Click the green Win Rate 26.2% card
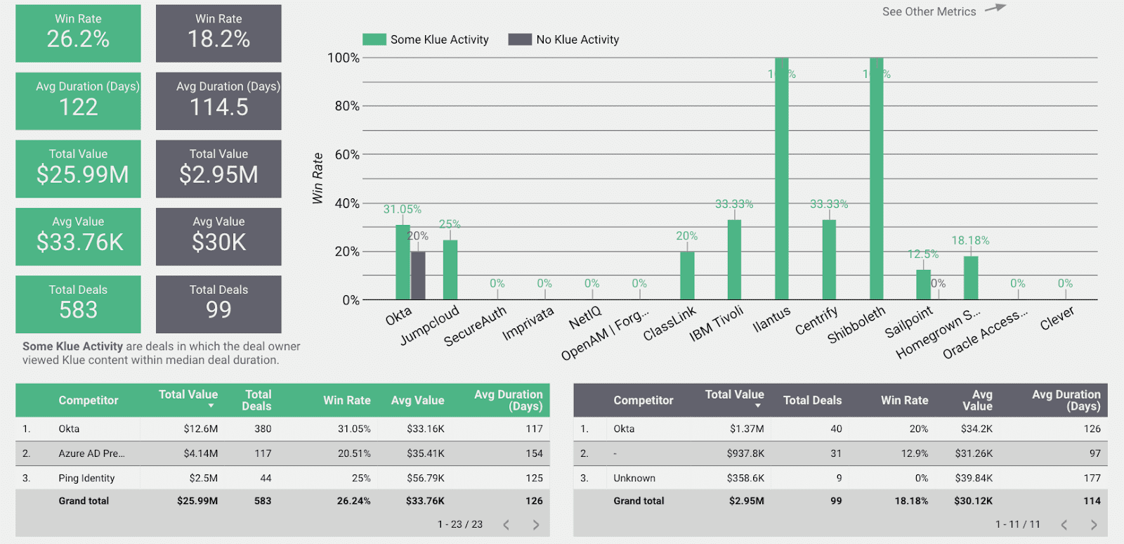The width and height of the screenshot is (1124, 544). (78, 33)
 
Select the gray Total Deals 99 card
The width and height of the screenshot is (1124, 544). (218, 304)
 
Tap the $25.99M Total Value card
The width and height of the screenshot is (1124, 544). (78, 169)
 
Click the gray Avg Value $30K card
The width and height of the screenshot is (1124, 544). (218, 236)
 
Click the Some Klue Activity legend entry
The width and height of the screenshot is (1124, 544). (426, 40)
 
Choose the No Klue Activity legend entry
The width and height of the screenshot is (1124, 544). (564, 40)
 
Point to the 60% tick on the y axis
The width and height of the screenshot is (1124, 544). (346, 155)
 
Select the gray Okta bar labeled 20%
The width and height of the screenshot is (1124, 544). (418, 276)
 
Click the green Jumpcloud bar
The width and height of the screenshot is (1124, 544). (450, 270)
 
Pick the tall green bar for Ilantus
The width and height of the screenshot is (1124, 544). (781, 179)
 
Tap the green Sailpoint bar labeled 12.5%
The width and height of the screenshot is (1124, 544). (923, 285)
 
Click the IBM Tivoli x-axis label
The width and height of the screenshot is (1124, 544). (717, 323)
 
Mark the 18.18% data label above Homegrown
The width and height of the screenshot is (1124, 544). (970, 240)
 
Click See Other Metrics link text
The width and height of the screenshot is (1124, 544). (929, 12)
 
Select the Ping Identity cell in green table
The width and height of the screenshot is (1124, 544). (86, 478)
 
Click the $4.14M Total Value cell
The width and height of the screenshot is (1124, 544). (201, 453)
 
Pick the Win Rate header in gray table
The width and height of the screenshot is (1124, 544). (904, 400)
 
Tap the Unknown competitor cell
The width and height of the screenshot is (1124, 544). (634, 478)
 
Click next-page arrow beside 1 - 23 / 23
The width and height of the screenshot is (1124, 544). (536, 524)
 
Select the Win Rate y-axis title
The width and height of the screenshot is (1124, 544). (318, 179)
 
